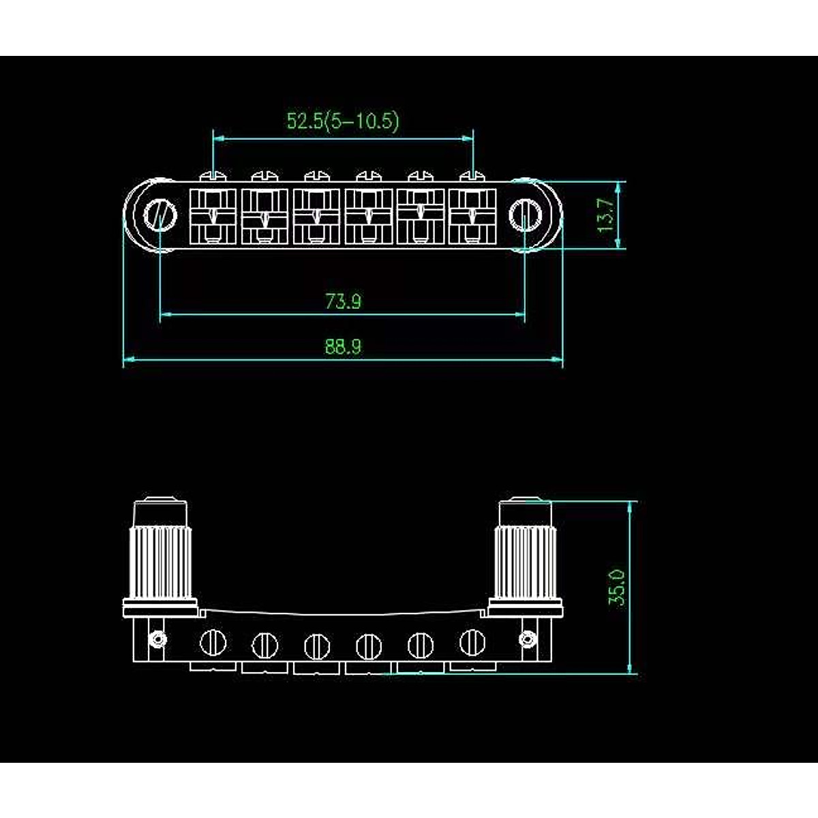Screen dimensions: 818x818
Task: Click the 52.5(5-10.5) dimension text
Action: (342, 121)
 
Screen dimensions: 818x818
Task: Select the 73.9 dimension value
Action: (343, 301)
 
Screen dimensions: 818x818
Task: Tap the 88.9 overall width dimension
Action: (343, 346)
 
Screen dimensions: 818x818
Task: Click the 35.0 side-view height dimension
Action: (617, 588)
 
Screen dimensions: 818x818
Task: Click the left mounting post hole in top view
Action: (160, 215)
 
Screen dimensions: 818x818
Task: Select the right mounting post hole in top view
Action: (525, 214)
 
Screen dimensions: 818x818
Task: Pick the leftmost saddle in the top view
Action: (213, 216)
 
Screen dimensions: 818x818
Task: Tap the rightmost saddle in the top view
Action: (472, 216)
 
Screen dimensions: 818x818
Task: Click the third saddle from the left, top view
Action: (316, 216)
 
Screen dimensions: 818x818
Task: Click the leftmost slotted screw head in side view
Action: (213, 642)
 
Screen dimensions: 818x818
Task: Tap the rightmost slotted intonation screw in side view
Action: (472, 641)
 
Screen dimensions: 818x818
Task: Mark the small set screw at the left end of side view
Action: (159, 639)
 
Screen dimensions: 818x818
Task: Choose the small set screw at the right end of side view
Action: (526, 639)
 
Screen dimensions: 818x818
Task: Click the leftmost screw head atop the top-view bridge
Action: (213, 175)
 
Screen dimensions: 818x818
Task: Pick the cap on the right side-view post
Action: (524, 512)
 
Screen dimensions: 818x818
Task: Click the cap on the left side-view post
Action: (161, 512)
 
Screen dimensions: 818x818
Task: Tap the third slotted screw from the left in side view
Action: (317, 645)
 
